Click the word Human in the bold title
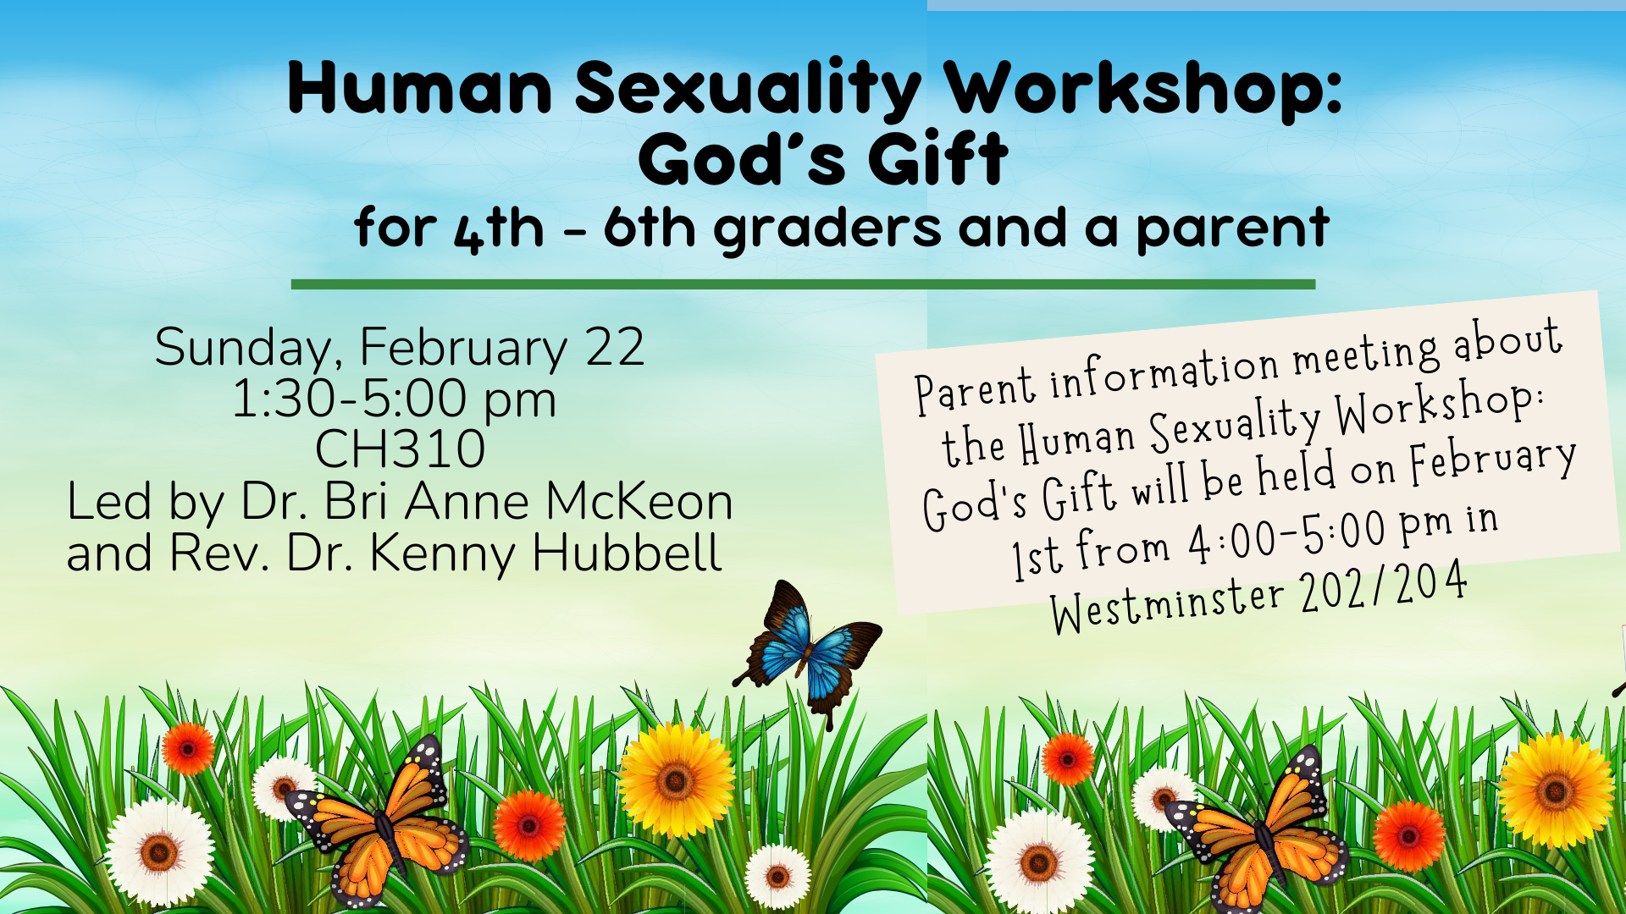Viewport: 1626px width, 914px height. [x=419, y=89]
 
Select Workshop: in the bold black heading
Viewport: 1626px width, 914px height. [x=1143, y=89]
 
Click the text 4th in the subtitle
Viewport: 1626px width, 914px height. [x=499, y=229]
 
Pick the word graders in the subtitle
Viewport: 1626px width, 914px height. [x=827, y=229]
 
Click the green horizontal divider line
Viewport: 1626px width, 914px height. [x=803, y=284]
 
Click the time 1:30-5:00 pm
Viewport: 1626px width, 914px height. [x=394, y=399]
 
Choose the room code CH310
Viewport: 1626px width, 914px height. [x=400, y=449]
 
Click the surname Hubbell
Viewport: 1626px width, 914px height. [x=627, y=553]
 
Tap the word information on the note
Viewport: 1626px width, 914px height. [x=1164, y=372]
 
